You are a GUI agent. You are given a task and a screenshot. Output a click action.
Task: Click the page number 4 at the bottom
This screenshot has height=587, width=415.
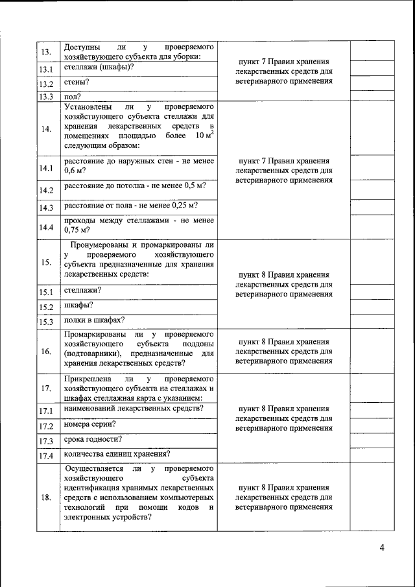point(382,548)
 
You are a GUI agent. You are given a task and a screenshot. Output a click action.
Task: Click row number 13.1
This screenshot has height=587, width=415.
point(45,69)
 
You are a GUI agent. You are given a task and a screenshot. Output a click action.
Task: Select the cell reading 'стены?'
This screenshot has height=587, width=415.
point(77,82)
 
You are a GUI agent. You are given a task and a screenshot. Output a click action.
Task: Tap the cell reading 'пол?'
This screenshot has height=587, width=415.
point(72,96)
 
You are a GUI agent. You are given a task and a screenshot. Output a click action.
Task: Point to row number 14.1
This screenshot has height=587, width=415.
point(45,168)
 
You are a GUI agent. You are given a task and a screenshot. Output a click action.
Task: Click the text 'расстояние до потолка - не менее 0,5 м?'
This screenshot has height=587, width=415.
point(135,186)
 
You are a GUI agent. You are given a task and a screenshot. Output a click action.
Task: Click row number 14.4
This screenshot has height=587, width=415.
point(45,227)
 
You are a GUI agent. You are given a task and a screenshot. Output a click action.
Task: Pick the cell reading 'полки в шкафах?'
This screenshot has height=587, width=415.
point(94,320)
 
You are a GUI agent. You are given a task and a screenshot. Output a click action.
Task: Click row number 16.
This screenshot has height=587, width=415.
point(45,352)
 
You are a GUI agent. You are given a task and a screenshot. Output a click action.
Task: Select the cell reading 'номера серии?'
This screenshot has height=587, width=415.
point(90,424)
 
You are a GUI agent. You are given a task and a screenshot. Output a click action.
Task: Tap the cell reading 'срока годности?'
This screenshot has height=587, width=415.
point(93,439)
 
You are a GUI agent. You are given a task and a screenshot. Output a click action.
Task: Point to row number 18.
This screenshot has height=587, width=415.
point(45,497)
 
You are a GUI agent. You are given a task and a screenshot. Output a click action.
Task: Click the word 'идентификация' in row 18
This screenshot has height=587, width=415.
point(93,486)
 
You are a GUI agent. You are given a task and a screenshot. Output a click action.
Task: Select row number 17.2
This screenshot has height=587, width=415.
point(45,426)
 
